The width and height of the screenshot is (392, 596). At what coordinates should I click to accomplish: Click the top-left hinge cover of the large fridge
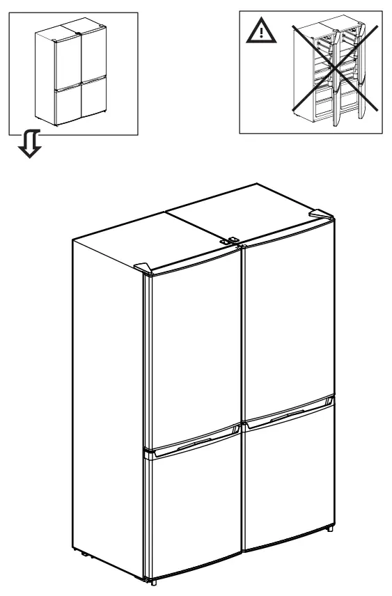coord(143,266)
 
